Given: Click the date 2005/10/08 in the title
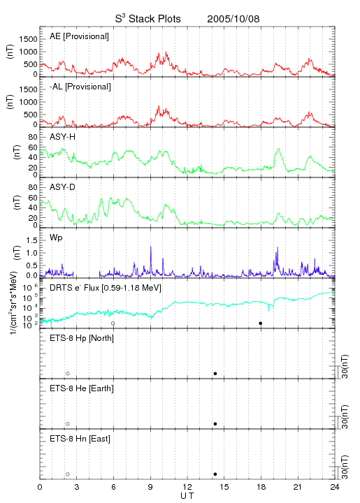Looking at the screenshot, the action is [x=233, y=19].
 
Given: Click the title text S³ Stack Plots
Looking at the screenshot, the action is [x=148, y=19].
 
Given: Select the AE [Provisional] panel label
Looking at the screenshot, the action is [x=79, y=36].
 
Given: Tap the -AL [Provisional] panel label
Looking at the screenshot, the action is [x=80, y=87].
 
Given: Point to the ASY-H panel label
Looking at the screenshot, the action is [x=63, y=137].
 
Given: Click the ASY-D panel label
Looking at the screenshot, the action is [x=63, y=187].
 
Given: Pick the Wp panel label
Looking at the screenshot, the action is [x=56, y=238].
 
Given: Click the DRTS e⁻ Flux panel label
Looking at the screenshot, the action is [x=106, y=288].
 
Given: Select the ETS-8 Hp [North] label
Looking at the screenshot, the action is [x=82, y=338].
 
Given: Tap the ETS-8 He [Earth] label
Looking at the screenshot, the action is [x=82, y=388].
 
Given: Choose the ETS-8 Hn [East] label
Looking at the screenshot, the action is [x=80, y=439].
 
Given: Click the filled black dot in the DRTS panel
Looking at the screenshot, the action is [x=261, y=323].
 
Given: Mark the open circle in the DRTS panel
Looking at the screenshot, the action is [x=113, y=323].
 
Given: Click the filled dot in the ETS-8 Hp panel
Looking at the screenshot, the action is [x=215, y=373].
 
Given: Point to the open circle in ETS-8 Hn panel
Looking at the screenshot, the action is [x=68, y=474].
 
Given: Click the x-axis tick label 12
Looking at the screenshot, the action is [x=187, y=487].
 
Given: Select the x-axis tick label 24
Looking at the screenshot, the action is [x=335, y=487].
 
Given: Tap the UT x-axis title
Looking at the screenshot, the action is [x=187, y=496].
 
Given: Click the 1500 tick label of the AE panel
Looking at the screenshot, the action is [x=28, y=39].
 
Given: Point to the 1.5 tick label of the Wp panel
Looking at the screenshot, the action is [x=31, y=240].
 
